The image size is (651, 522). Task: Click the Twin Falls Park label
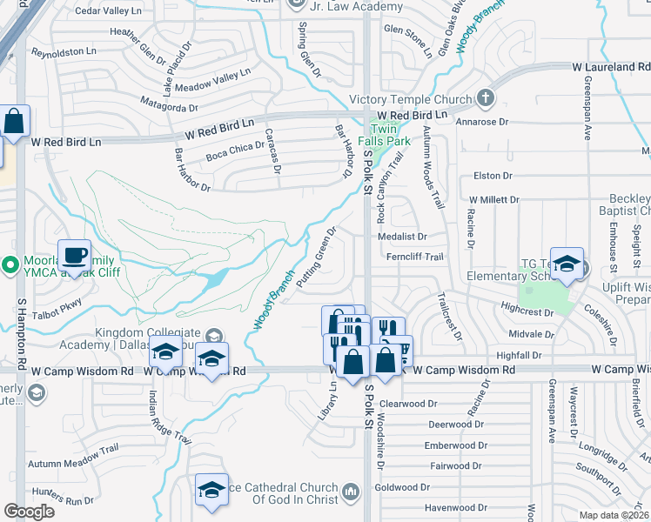tap(390, 135)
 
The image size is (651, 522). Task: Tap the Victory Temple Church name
tap(410, 99)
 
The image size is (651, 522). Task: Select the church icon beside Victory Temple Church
tap(486, 98)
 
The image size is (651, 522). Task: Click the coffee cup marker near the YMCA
tap(74, 256)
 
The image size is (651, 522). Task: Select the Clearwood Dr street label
tap(409, 404)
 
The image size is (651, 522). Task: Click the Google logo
tap(29, 511)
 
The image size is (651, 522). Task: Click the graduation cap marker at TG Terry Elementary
tap(567, 264)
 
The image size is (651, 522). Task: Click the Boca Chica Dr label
tap(234, 151)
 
